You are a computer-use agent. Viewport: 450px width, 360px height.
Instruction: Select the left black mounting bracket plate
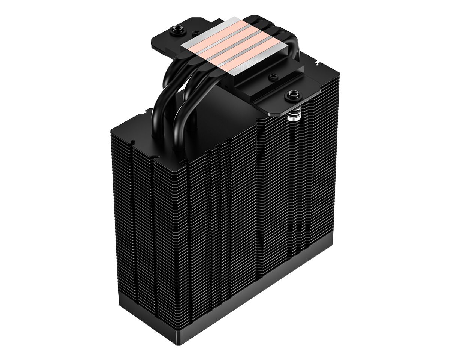(x=165, y=37)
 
